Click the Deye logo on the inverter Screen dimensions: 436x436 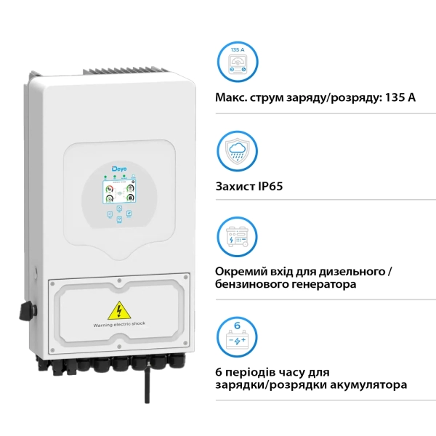119,169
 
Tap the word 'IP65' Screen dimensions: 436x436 269,186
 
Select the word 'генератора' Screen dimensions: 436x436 321,285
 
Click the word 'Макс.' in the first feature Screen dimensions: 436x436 233,97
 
